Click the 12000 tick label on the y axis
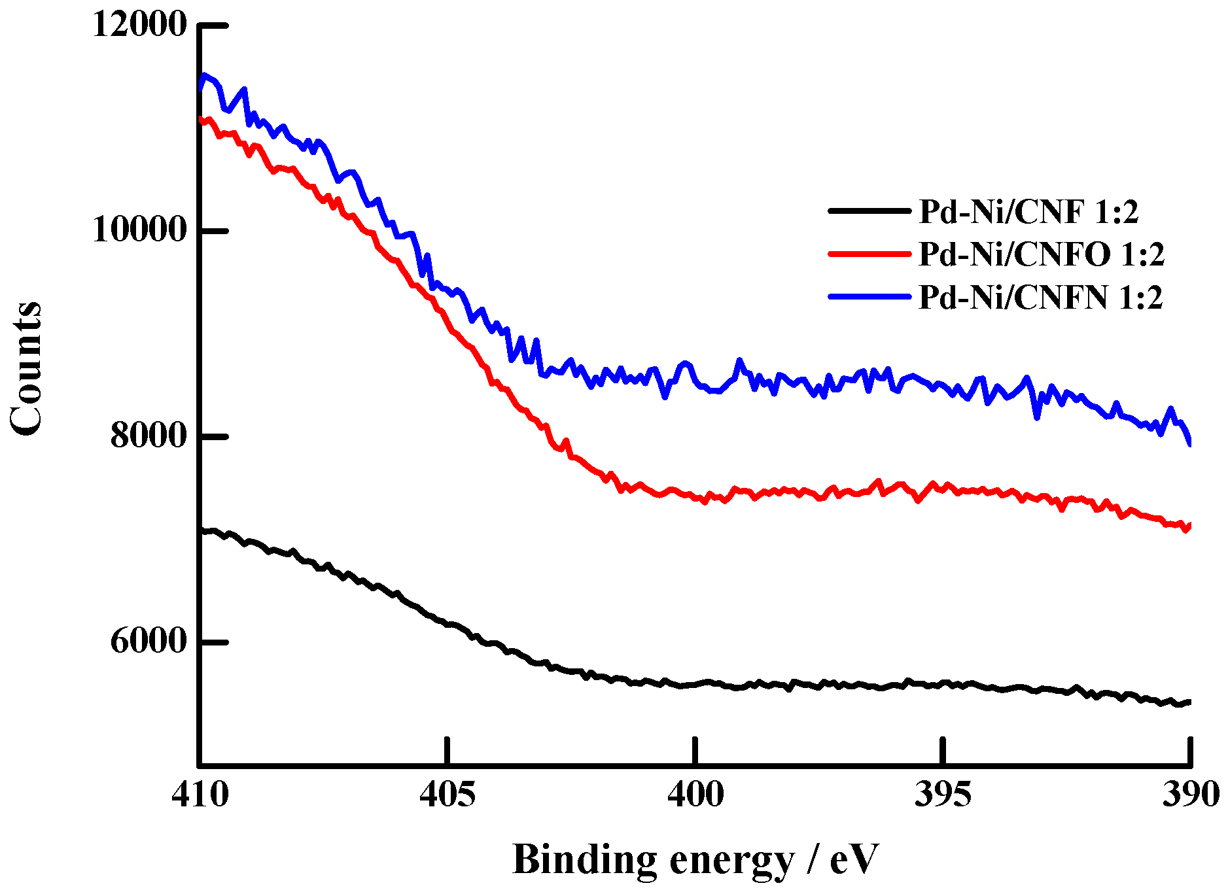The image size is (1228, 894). (x=139, y=25)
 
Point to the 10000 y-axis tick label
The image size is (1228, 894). (x=139, y=230)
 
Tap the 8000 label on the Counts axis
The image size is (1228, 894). (x=149, y=436)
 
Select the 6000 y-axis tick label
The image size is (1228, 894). (x=149, y=641)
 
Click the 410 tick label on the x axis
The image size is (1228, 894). (x=200, y=795)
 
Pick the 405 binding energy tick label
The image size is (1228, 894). (x=447, y=795)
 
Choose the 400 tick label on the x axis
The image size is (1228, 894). (x=695, y=795)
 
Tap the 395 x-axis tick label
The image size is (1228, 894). (x=942, y=795)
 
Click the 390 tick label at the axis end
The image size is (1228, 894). (x=1189, y=795)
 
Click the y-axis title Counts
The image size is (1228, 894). (x=26, y=368)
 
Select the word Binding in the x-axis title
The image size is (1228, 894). (x=584, y=860)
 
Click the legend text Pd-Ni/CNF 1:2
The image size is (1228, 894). (x=1028, y=212)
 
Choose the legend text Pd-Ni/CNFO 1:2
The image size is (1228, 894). (x=1042, y=254)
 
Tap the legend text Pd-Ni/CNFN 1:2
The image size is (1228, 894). (x=1041, y=298)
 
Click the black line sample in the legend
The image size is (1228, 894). (x=869, y=211)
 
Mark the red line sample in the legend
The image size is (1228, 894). (x=869, y=253)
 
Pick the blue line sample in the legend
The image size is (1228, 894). (x=869, y=296)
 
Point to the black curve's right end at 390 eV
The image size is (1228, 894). (x=1189, y=702)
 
